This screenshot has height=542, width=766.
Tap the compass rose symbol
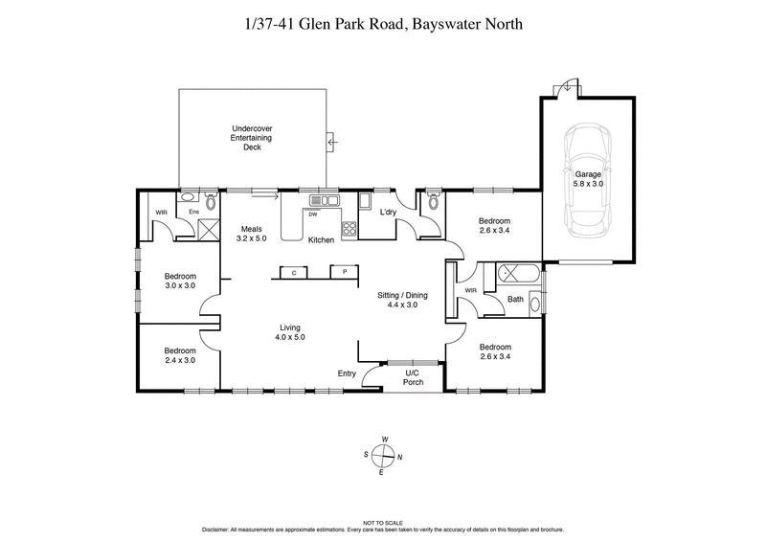[x=383, y=456]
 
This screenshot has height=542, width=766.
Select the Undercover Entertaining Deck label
[x=253, y=138]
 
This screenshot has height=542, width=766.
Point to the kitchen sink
[x=324, y=201]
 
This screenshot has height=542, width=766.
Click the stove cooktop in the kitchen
[x=349, y=229]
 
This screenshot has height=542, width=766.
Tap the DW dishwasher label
[x=313, y=215]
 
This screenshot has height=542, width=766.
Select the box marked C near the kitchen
[x=294, y=273]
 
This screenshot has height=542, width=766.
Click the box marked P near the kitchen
[x=345, y=273]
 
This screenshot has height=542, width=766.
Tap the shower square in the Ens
[x=208, y=228]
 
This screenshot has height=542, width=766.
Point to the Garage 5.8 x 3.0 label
[x=588, y=178]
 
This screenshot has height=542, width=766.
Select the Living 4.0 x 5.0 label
[x=289, y=332]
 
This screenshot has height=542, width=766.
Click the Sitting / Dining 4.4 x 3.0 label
[x=402, y=301]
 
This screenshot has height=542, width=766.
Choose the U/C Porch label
[x=413, y=376]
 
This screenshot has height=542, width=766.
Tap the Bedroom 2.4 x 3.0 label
[x=179, y=355]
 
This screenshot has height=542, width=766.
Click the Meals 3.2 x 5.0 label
[x=252, y=234]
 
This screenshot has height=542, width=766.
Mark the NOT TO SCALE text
[x=383, y=523]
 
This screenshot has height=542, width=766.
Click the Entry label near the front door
[x=347, y=373]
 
